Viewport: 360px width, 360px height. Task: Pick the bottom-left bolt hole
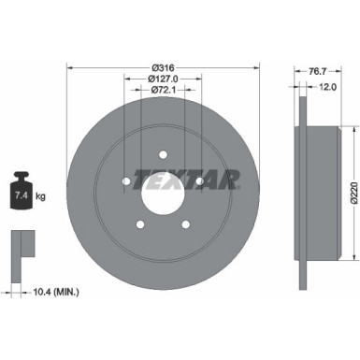(141, 223)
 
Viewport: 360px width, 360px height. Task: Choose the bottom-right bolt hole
(183, 223)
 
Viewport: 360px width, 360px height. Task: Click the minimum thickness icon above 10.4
(21, 246)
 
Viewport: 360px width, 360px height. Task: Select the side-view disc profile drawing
(304, 182)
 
